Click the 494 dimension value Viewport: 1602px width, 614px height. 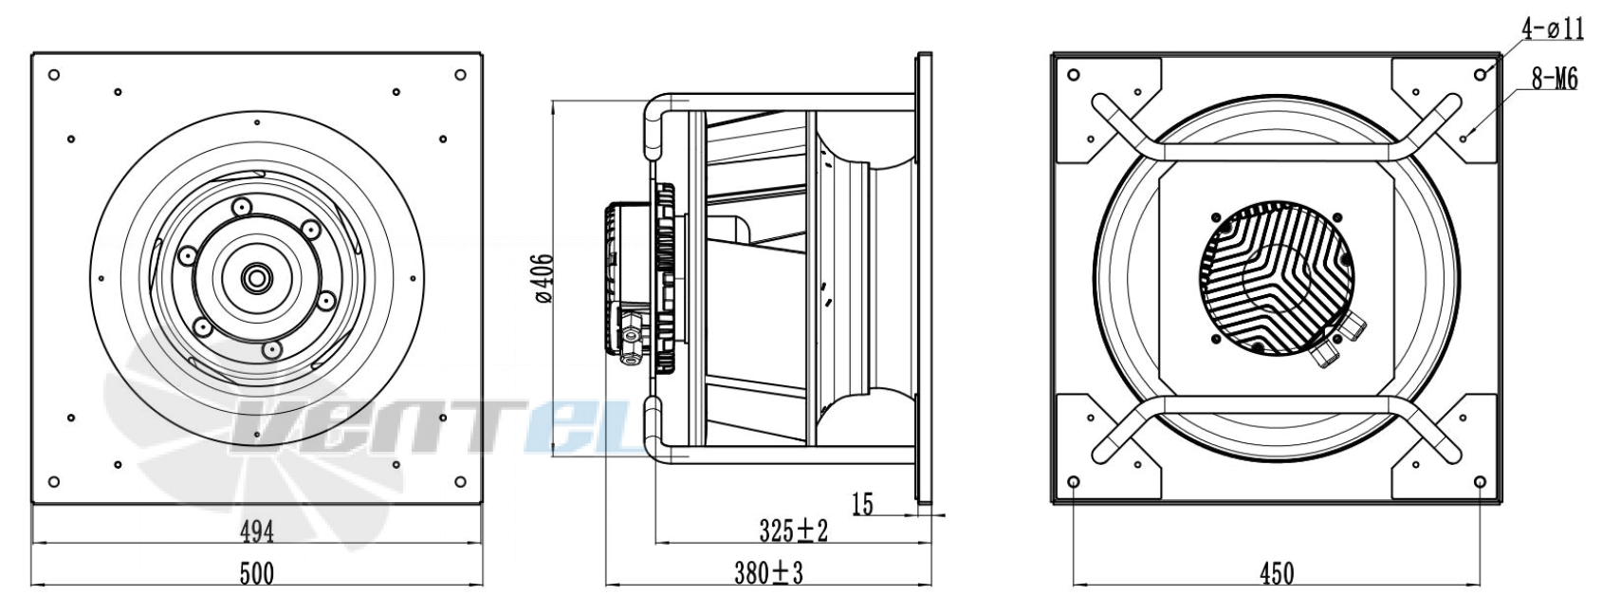click(x=257, y=531)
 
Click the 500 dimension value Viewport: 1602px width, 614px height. click(x=257, y=573)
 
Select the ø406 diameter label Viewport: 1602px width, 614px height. click(x=543, y=278)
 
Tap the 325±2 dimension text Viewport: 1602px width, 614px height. click(x=793, y=531)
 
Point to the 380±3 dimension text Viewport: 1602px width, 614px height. click(x=769, y=572)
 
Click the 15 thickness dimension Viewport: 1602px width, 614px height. click(x=863, y=505)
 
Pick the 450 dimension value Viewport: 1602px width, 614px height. click(x=1277, y=573)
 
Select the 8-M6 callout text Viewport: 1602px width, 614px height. click(x=1554, y=80)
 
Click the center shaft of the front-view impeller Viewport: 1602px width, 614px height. click(x=254, y=278)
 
